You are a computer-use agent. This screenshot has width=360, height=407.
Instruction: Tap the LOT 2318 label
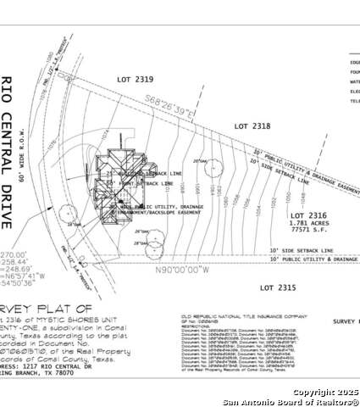(252, 125)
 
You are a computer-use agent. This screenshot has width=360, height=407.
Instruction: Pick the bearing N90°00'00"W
(178, 270)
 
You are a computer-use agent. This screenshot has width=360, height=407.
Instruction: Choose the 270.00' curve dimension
(14, 253)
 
